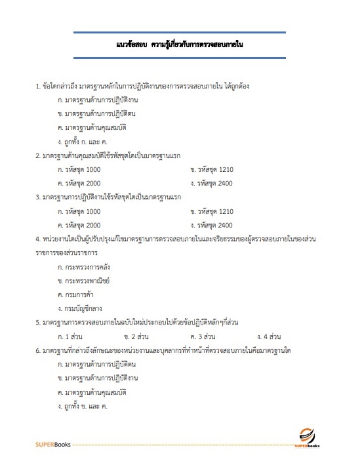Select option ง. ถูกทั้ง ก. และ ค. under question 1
pyautogui.click(x=83, y=142)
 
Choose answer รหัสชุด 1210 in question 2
pyautogui.click(x=212, y=169)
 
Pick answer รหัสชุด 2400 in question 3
pyautogui.click(x=212, y=225)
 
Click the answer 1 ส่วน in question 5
pyautogui.click(x=70, y=336)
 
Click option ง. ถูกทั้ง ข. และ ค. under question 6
pyautogui.click(x=83, y=406)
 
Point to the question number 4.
pyautogui.click(x=37, y=239)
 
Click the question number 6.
pyautogui.click(x=37, y=350)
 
